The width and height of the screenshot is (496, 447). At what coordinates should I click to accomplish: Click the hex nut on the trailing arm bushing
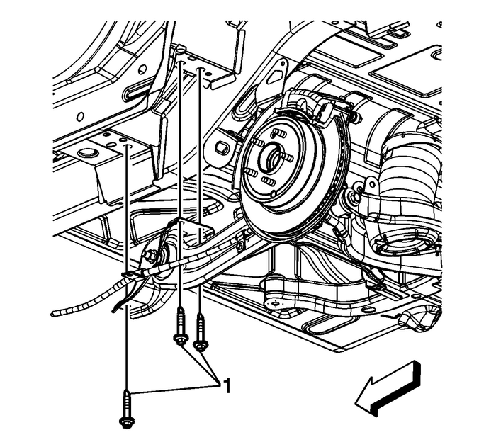152,254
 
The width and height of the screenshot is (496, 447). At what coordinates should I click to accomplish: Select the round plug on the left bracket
87,154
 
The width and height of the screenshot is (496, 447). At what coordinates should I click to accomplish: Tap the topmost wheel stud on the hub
278,132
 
